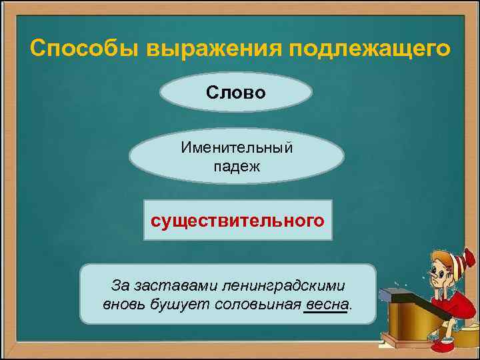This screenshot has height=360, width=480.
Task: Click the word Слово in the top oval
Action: click(x=236, y=92)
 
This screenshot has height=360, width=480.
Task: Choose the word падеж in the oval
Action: click(x=236, y=166)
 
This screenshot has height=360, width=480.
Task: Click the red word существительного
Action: click(x=238, y=219)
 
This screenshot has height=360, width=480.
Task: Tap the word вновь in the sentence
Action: click(x=124, y=305)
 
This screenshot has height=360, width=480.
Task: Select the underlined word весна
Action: click(x=325, y=305)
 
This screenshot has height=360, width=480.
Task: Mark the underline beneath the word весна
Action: click(x=325, y=311)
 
